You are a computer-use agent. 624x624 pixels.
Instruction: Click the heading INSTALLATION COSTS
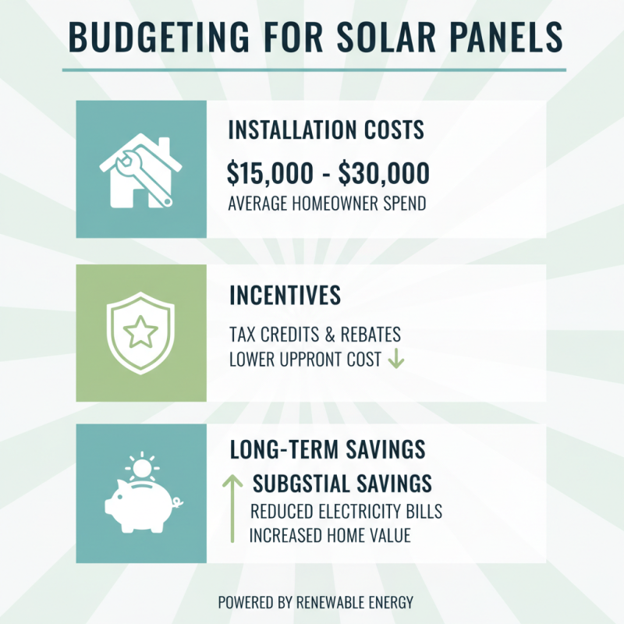coord(326,130)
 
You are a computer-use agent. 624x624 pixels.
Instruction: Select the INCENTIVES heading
coord(285,296)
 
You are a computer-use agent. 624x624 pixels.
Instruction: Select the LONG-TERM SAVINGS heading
coord(328,450)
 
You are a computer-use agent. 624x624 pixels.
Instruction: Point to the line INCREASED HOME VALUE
coord(330,536)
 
